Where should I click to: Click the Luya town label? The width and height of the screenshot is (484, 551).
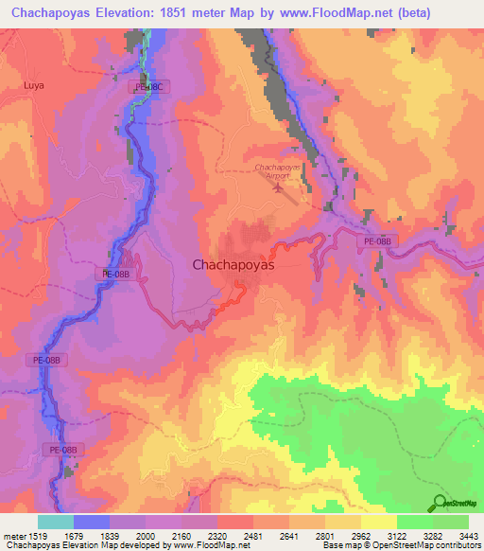coord(34,84)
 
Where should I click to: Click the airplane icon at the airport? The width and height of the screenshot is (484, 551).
coord(278,186)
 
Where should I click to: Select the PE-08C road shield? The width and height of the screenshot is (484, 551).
coord(148,87)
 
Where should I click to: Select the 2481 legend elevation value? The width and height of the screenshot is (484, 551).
coord(253,537)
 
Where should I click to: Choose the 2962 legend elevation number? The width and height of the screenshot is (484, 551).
coord(361,537)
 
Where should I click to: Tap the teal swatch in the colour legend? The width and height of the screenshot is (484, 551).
coord(55,522)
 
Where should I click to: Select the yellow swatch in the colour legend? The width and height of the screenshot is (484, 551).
coord(378,522)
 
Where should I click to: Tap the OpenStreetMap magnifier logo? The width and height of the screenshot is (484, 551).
coord(438,502)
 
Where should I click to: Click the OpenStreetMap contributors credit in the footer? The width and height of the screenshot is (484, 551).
coord(416,546)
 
